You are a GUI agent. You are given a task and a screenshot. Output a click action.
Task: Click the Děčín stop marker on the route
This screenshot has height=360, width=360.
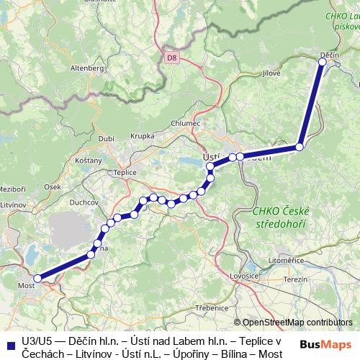click(x=323, y=62)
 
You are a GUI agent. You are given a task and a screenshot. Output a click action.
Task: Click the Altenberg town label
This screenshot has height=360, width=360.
click(x=88, y=68)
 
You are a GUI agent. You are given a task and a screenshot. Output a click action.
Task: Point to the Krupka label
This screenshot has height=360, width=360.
click(x=143, y=136)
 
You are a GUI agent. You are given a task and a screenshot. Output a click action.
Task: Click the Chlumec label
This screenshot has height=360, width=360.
click(x=185, y=123)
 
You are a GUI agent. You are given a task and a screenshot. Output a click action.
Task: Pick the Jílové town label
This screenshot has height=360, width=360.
click(x=271, y=73)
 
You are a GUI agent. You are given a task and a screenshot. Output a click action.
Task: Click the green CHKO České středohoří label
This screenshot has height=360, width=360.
click(x=281, y=217)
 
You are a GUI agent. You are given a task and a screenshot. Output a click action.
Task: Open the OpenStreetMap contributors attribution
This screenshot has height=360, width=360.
click(x=297, y=323)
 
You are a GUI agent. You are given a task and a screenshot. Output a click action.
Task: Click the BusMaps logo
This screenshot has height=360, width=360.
click(x=325, y=345)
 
